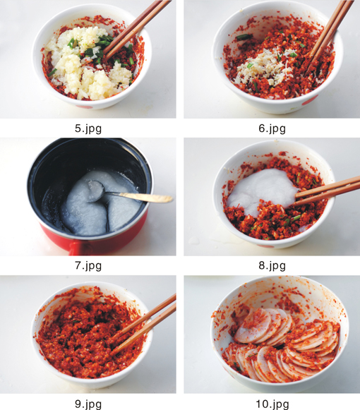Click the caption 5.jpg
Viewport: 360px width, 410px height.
(88, 128)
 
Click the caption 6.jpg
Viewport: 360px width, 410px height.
(272, 128)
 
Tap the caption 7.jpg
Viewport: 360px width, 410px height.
(88, 265)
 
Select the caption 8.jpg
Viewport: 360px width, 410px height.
(272, 265)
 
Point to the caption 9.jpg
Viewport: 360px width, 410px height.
(88, 404)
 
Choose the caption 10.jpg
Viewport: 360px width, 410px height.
(272, 404)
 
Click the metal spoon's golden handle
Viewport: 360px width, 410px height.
(147, 197)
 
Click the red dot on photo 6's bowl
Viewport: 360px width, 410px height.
(311, 100)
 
